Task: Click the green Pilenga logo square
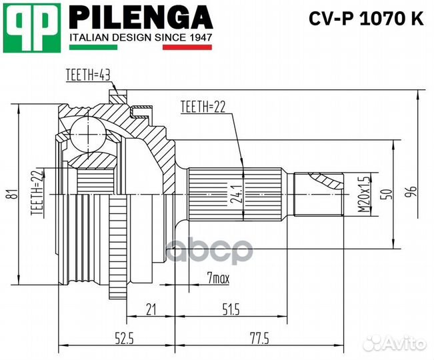(x=31, y=28)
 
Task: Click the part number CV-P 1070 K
(x=366, y=19)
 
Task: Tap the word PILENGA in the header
(x=141, y=17)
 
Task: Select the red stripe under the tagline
(x=187, y=47)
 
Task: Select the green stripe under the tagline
(x=93, y=47)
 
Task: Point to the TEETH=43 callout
(x=88, y=75)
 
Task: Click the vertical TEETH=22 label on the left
(x=37, y=192)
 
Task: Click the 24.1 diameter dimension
(x=238, y=193)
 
